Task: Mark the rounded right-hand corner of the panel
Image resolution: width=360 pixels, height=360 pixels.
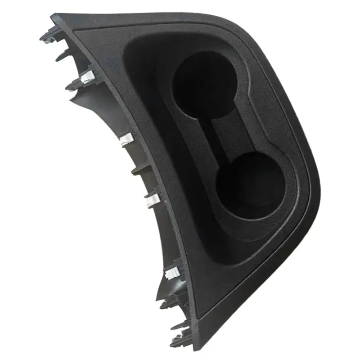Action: pos(315,189)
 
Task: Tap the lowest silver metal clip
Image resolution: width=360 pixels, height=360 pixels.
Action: pos(172,272)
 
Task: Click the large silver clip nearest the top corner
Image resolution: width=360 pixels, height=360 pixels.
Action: pos(86,77)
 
